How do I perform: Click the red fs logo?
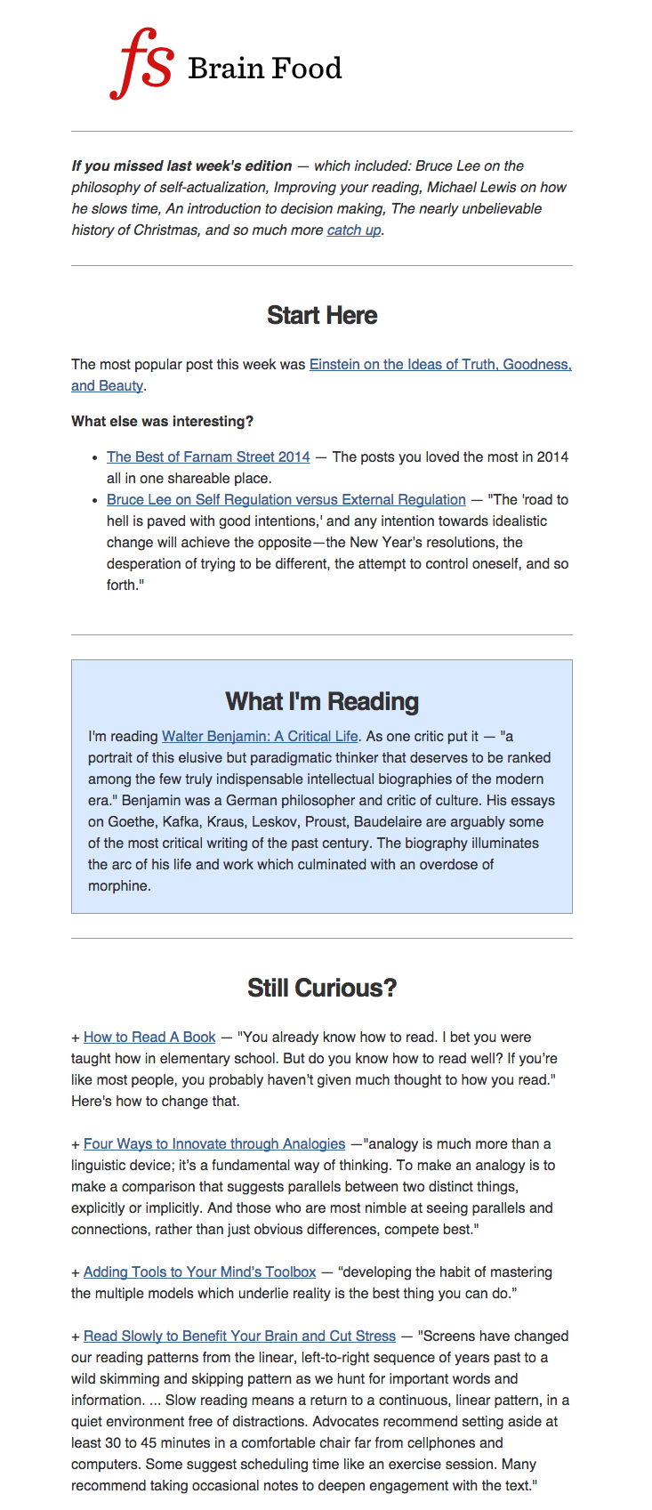coord(142,63)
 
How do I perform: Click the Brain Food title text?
coord(264,69)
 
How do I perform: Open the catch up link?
coord(353,230)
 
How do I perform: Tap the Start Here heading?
coord(322,316)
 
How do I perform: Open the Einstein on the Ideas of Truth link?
coord(439,365)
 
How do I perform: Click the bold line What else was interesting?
coord(162,422)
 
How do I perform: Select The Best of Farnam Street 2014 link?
coord(208,457)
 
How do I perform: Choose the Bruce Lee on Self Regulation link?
coord(286,500)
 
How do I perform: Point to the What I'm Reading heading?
coord(322,702)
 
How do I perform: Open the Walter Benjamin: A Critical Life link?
coord(260,737)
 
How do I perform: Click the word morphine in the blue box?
coord(118,886)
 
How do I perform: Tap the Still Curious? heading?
coord(322,989)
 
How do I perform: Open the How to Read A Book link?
coord(149,1038)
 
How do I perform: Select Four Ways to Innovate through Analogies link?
coord(213,1144)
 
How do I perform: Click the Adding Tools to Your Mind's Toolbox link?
coord(199,1272)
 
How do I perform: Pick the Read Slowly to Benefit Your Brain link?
coord(239,1336)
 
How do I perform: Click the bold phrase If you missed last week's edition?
coord(181,166)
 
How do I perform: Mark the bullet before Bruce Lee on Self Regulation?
coord(94,501)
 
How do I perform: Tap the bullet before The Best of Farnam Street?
coord(94,458)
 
